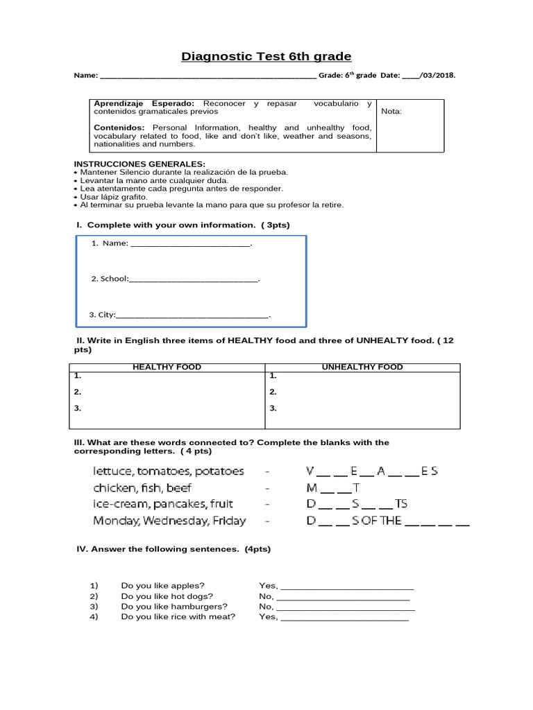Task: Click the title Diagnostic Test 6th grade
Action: pyautogui.click(x=266, y=56)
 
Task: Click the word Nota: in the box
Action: pyautogui.click(x=391, y=111)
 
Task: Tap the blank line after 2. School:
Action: pyautogui.click(x=194, y=279)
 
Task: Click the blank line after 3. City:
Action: pyautogui.click(x=192, y=315)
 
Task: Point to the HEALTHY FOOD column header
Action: pyautogui.click(x=167, y=367)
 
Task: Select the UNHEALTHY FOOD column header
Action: pyautogui.click(x=362, y=367)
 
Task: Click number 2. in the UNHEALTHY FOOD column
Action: pyautogui.click(x=273, y=392)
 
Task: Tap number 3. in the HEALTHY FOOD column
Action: pyautogui.click(x=78, y=408)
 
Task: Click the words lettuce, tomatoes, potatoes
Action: pyautogui.click(x=169, y=471)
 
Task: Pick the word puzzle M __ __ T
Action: pyautogui.click(x=333, y=488)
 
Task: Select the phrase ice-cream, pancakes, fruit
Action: pyautogui.click(x=163, y=504)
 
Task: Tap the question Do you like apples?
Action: pyautogui.click(x=162, y=586)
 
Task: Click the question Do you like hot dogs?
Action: pyautogui.click(x=167, y=596)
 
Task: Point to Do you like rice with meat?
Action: pyautogui.click(x=178, y=616)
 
